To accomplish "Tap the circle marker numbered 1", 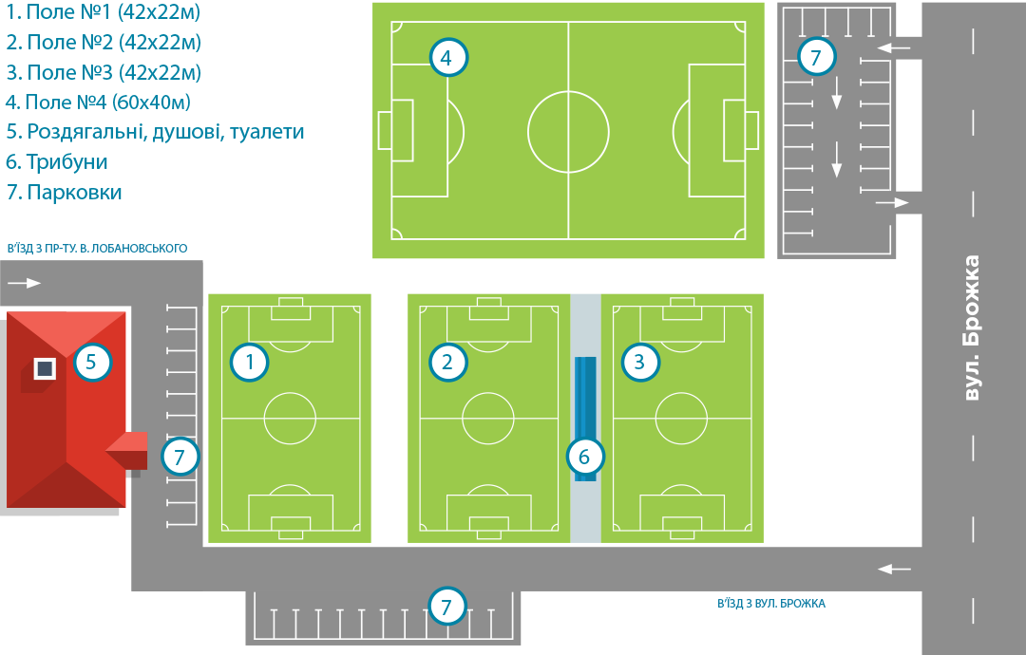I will (x=250, y=362).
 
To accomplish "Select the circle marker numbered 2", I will (x=447, y=362).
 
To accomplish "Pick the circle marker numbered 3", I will (x=639, y=362).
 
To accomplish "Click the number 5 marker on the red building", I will (x=92, y=362).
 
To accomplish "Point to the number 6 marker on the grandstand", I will (x=584, y=457).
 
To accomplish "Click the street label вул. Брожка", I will (x=970, y=327).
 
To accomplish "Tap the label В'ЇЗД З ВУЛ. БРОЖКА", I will (x=771, y=603).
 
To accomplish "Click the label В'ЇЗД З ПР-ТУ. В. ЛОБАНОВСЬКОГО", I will (x=97, y=249).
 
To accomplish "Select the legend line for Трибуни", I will (x=57, y=161).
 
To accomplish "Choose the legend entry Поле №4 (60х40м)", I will (x=104, y=102).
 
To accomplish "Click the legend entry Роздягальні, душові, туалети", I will (x=155, y=132).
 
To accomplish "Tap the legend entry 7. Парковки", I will (x=65, y=192).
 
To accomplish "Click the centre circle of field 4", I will (x=568, y=131).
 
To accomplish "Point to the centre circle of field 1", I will (x=290, y=419).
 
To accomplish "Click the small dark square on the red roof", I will (x=45, y=368).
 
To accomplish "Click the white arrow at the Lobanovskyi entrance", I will (x=28, y=282).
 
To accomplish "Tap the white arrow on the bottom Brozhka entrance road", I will (x=893, y=569).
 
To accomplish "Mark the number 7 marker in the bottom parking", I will (x=447, y=606).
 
